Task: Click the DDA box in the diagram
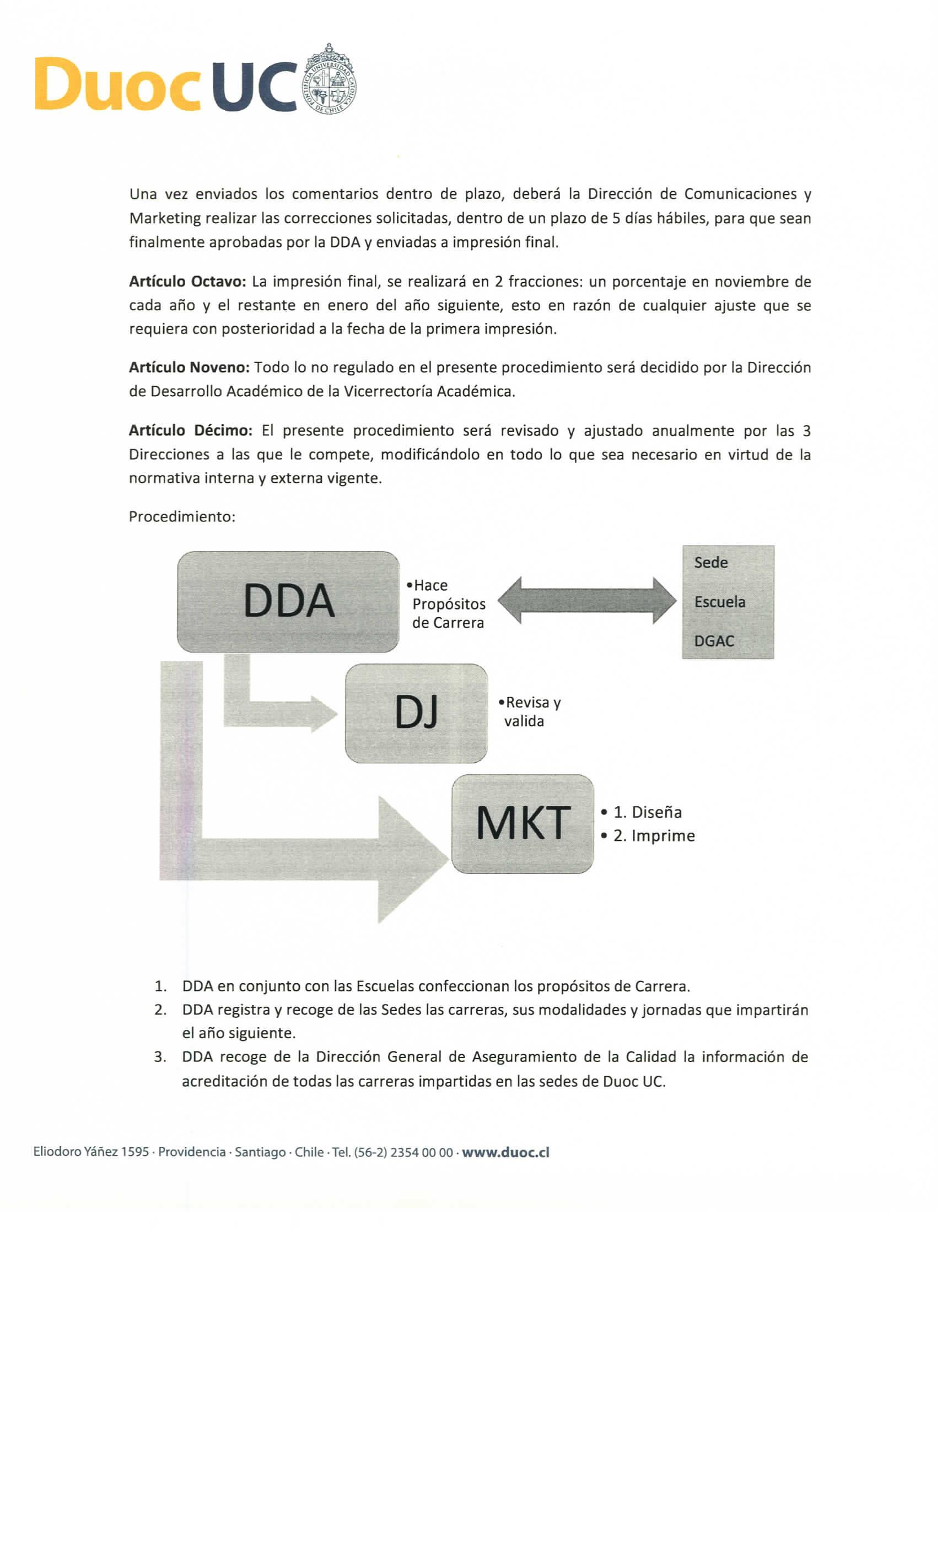tap(288, 601)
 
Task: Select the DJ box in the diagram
tap(416, 713)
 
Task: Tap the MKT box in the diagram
tap(523, 823)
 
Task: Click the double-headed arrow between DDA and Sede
tap(587, 601)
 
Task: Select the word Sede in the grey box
tap(710, 562)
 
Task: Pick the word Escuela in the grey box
tap(719, 602)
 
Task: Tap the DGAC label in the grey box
tap(713, 640)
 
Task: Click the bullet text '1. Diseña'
tap(647, 812)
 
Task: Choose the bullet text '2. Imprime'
tap(653, 835)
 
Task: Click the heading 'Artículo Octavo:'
tap(187, 282)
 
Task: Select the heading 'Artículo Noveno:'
tap(189, 367)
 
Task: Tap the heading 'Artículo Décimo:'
tap(190, 430)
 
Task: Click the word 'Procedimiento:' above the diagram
tap(182, 517)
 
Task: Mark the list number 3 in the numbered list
tap(160, 1057)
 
